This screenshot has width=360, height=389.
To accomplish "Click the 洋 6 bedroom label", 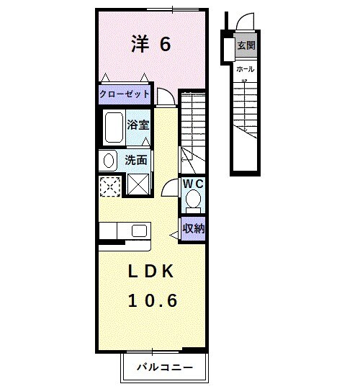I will coord(150,45).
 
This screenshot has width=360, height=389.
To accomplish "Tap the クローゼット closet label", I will coord(125,94).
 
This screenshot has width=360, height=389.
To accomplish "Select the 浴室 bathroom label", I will coord(138,125).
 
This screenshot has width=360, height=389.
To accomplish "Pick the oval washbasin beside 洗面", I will coord(108,160).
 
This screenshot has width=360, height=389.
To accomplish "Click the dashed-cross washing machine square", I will coord(110,185).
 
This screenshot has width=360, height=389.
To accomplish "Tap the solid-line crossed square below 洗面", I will coord(138,184).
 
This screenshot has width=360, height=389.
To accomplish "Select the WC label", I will coord(193,184).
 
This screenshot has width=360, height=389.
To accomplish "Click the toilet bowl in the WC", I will coord(193,201).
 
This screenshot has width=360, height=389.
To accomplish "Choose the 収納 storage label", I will coord(192,230).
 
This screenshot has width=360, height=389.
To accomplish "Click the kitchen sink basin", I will coord(139,231).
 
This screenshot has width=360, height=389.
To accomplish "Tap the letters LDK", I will coord(152,272).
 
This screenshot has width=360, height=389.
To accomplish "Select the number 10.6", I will coord(152,300).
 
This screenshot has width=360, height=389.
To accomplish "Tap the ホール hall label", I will coord(245,69).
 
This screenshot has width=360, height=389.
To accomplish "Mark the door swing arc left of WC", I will coord(170,187).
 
